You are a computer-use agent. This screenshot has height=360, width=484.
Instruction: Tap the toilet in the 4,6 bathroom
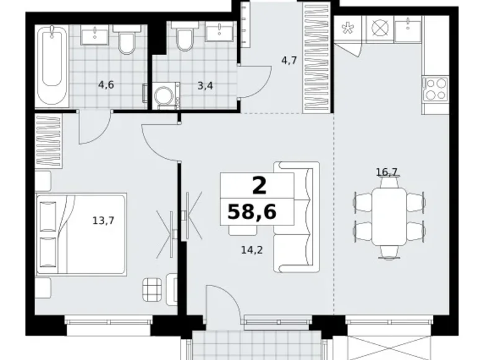(x=126, y=42)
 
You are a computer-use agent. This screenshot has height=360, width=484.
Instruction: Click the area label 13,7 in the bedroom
(x=102, y=219)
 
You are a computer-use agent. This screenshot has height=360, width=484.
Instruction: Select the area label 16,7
(x=386, y=171)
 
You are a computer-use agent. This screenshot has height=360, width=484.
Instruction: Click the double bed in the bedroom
(x=81, y=233)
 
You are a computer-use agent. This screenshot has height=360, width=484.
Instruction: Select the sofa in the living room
(x=296, y=217)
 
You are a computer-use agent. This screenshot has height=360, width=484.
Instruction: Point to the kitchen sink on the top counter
(x=408, y=28)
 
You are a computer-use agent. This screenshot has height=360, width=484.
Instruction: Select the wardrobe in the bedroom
(x=49, y=142)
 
